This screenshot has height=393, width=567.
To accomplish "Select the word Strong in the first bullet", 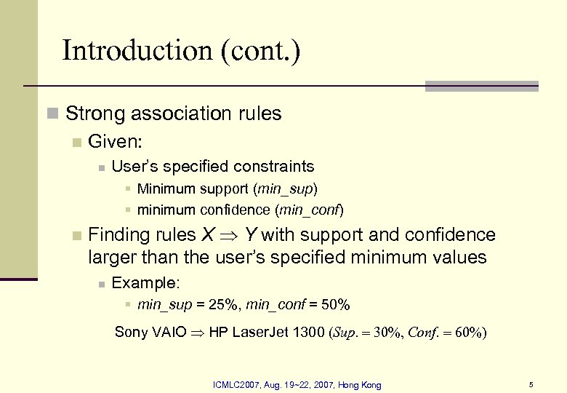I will pos(93,114).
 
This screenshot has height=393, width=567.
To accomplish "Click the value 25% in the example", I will pos(218,303).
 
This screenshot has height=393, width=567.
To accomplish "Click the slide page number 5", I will pos(531,384).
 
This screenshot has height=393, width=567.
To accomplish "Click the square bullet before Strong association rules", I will pos(51,114).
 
